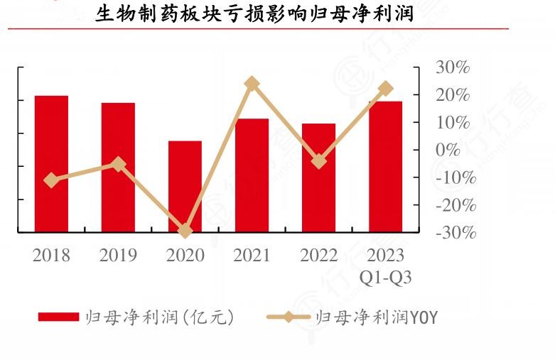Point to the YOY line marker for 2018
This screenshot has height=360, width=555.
[51, 180]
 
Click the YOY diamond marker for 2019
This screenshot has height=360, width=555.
[119, 165]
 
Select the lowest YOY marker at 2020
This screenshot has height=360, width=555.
[185, 231]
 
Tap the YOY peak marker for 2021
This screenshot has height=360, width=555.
[252, 84]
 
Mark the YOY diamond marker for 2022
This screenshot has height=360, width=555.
[319, 161]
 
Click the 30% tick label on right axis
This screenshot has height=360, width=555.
[453, 67]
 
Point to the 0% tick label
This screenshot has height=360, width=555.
[447, 151]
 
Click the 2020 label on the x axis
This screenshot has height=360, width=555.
[185, 256]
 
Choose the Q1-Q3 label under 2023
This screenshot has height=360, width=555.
[385, 278]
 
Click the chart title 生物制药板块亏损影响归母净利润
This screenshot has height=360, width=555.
[254, 14]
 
